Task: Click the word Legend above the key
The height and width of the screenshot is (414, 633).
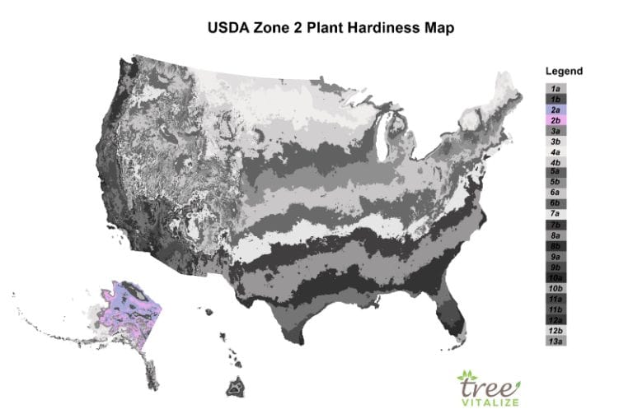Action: click(564, 71)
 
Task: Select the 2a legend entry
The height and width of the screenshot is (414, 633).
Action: click(556, 109)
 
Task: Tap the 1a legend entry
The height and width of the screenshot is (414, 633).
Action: click(556, 88)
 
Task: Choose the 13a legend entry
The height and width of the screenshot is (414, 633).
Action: click(556, 340)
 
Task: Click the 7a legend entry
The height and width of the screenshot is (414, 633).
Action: click(556, 213)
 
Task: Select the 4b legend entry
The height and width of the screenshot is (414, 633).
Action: click(556, 162)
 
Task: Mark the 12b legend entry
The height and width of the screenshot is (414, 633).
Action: click(556, 329)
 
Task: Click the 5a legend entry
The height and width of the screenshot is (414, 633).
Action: click(556, 171)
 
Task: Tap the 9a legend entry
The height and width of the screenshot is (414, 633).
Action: click(556, 256)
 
